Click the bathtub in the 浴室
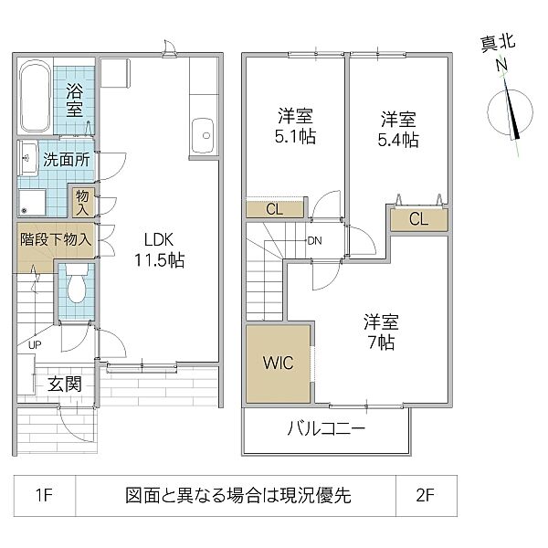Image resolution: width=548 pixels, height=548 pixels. [x=35, y=97]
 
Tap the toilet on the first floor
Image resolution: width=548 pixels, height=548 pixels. [x=77, y=284]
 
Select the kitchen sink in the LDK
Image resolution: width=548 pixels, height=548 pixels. [x=203, y=135]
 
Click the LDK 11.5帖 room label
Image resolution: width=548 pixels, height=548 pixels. [x=159, y=250]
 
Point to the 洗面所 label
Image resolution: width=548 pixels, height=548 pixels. [x=67, y=160]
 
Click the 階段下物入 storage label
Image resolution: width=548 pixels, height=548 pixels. [x=56, y=239]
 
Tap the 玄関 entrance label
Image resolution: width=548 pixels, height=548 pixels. [x=65, y=384]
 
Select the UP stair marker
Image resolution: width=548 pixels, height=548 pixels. [x=35, y=345]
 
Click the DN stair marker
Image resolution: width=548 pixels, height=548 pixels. [x=314, y=241]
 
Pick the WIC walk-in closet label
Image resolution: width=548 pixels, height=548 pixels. [x=279, y=363]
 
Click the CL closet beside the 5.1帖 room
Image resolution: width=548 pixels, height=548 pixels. [x=274, y=210]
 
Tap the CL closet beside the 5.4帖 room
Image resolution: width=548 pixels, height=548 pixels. [x=418, y=219]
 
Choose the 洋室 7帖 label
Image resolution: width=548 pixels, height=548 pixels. [x=381, y=332]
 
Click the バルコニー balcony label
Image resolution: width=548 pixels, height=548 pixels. [x=326, y=428]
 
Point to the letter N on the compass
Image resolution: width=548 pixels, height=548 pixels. [x=502, y=65]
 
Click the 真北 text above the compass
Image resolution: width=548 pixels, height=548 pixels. [x=498, y=44]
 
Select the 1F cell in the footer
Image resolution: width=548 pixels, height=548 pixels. [x=44, y=495]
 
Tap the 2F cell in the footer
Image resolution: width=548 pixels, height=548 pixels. [x=425, y=495]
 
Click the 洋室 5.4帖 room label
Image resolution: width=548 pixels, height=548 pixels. [x=398, y=130]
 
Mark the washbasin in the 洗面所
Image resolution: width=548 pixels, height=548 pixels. [x=27, y=158]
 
